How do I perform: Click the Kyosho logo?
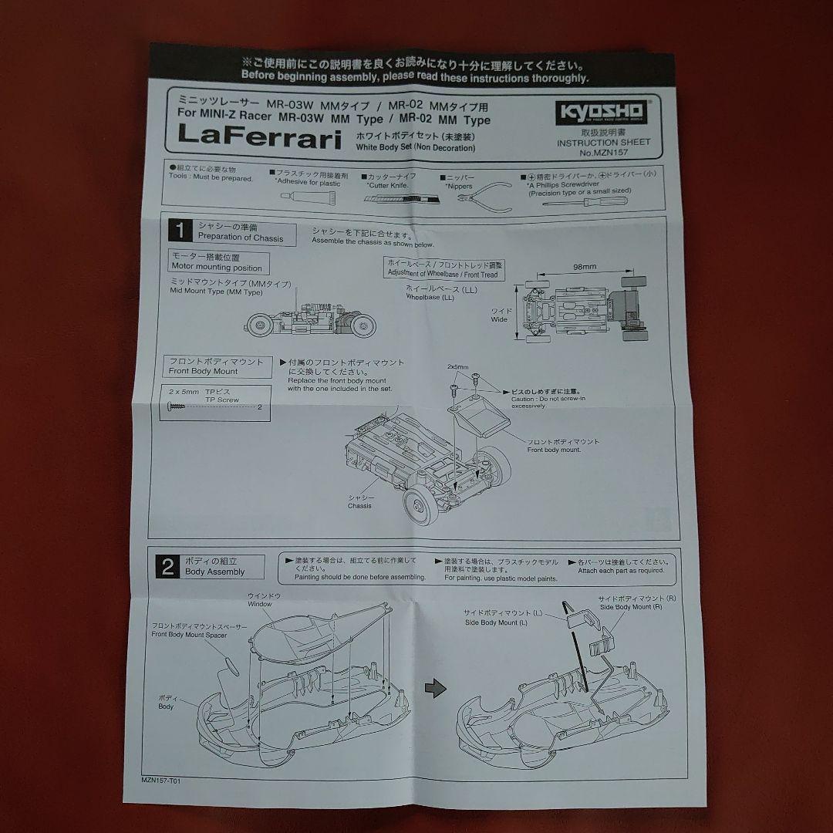[602, 112]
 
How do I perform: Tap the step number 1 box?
[181, 230]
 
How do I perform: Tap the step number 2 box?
[167, 567]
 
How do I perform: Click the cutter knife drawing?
[401, 197]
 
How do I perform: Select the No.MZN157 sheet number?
[603, 153]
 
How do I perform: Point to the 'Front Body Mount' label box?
[216, 366]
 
